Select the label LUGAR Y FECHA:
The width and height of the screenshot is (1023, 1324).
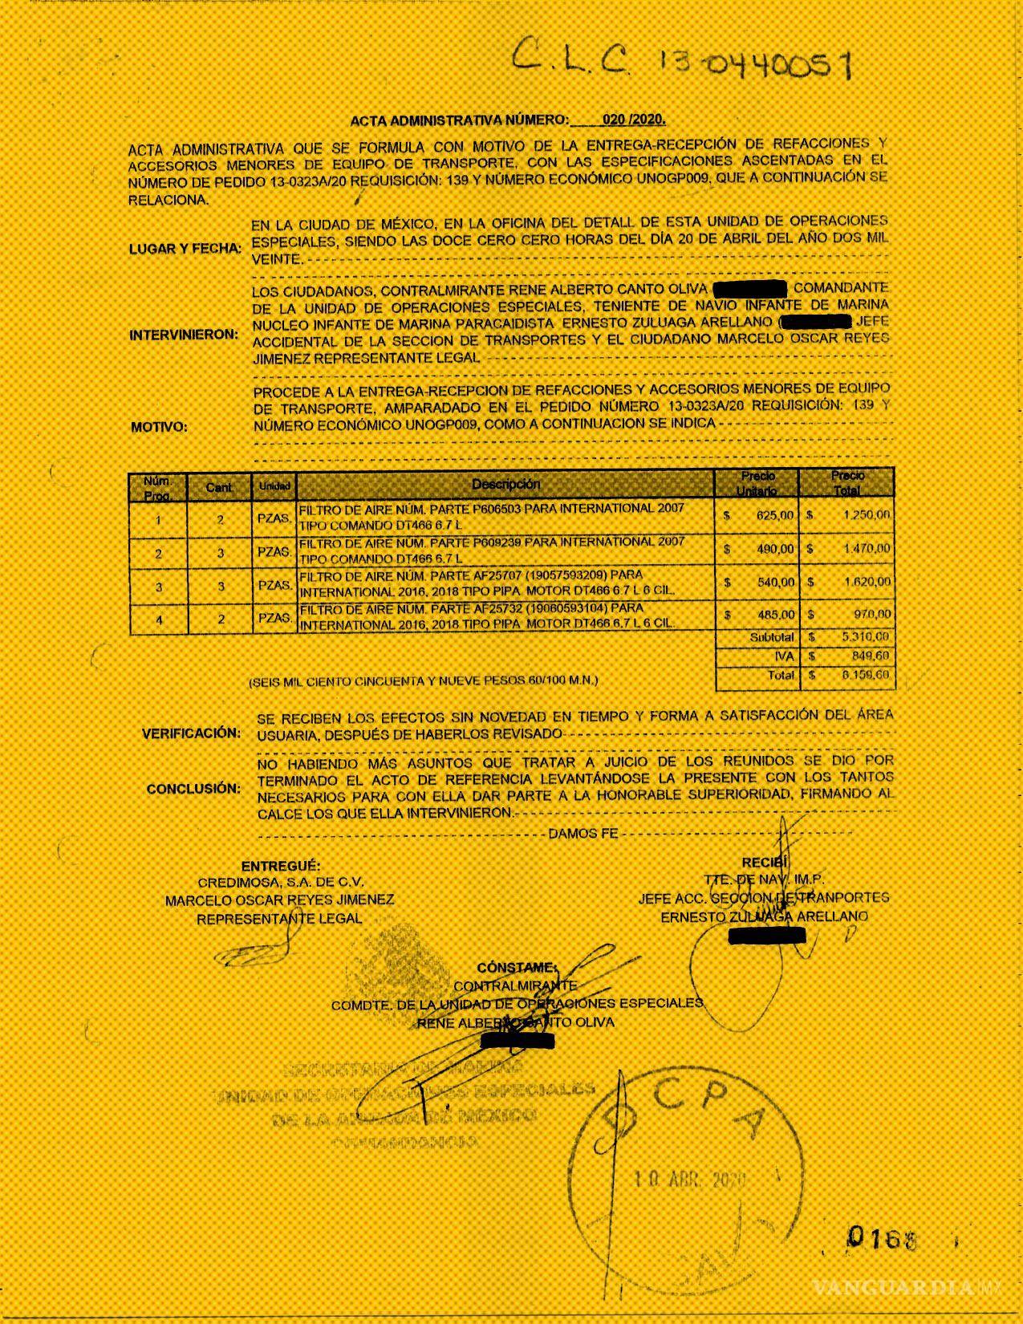185,249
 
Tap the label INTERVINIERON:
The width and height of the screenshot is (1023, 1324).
184,335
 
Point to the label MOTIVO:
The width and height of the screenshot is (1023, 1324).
159,427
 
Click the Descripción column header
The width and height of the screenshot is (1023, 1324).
505,484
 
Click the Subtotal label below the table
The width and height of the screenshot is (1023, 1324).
772,637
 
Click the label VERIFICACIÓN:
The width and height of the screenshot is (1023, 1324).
191,733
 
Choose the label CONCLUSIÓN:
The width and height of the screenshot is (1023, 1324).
193,789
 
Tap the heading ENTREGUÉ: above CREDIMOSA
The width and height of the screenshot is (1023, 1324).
281,867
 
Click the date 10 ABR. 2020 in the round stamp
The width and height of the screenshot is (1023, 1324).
689,1180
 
